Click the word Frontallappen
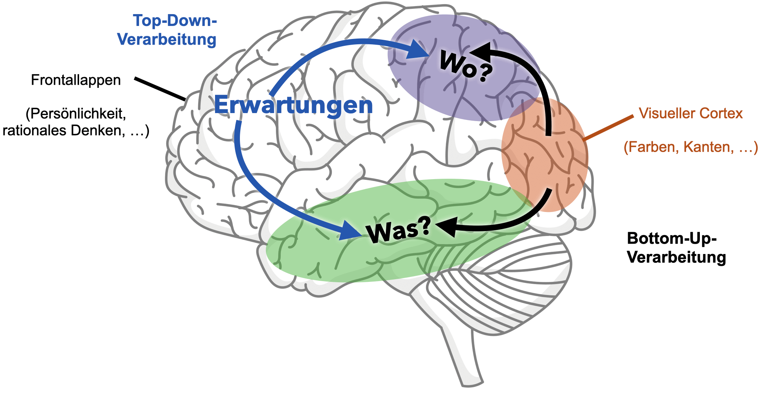[x=76, y=81]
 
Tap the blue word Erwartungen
[x=293, y=105]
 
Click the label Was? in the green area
[x=398, y=230]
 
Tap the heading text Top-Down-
[x=175, y=21]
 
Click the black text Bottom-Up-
[x=672, y=238]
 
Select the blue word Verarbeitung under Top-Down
[x=167, y=39]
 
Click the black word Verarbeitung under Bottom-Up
[x=677, y=257]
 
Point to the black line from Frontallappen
[x=160, y=89]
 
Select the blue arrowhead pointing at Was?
[x=350, y=230]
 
